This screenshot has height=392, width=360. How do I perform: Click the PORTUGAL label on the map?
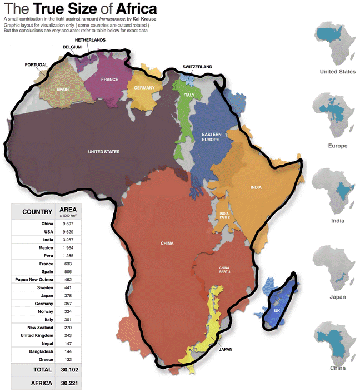(x=36, y=65)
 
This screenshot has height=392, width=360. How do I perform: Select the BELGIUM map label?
(x=72, y=47)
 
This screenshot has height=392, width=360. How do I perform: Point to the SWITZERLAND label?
(x=197, y=67)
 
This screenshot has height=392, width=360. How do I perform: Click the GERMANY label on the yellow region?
(x=144, y=88)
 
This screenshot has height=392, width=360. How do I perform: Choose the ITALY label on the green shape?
(x=188, y=95)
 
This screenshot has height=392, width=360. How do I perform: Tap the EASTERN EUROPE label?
(x=210, y=137)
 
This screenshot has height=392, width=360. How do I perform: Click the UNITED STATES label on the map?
(x=104, y=152)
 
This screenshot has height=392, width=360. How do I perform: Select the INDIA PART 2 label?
(x=224, y=215)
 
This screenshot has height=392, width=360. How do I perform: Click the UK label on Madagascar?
(x=277, y=310)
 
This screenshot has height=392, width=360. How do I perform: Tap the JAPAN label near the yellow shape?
(x=226, y=350)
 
